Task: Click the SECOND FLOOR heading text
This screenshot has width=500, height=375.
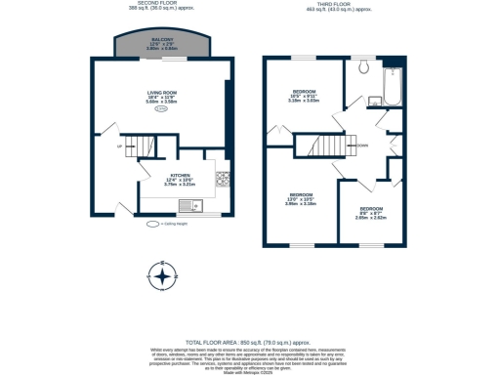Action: [x=160, y=4]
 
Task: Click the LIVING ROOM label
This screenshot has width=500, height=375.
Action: [x=163, y=96]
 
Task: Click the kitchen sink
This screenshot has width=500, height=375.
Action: [x=195, y=206]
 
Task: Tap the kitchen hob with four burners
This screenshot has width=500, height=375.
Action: [x=222, y=180]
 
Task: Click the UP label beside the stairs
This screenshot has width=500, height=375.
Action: [x=120, y=147]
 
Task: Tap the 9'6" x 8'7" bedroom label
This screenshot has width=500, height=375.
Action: [x=371, y=214]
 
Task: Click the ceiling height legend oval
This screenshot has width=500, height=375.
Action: [x=153, y=224]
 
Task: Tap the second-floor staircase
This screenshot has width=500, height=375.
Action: [x=145, y=147]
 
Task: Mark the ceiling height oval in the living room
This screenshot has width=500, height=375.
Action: [x=162, y=109]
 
